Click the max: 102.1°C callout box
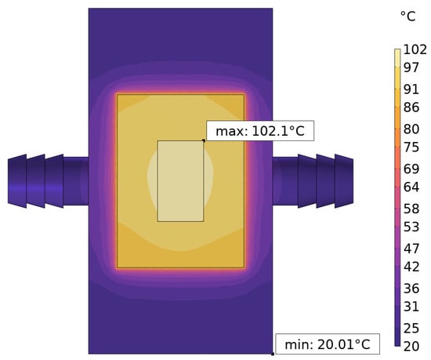(260, 131)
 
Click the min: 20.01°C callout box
(328, 344)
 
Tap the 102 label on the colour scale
(415, 49)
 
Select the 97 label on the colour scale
(411, 67)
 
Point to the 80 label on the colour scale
(411, 129)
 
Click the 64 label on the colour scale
(411, 187)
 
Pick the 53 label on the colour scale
(411, 227)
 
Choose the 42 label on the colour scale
(411, 267)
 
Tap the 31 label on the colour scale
(411, 307)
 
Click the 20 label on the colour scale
(411, 347)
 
